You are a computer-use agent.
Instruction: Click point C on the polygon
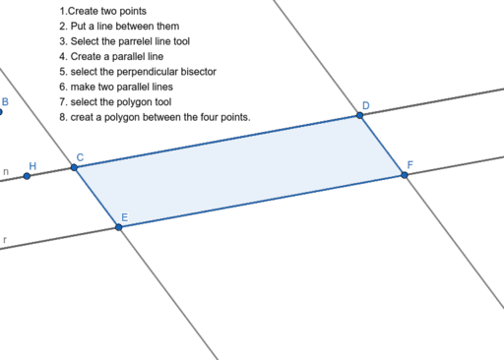(75, 167)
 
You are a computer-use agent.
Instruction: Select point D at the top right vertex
(360, 116)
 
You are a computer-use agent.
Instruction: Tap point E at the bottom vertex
(119, 227)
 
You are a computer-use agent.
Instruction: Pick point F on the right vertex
(405, 175)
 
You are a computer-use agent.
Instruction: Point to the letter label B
(5, 101)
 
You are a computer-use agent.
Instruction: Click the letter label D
(366, 105)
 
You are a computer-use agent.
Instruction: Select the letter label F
(410, 165)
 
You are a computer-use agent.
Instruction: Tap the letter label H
(32, 165)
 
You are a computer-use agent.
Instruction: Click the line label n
(6, 173)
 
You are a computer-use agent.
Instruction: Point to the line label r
(5, 238)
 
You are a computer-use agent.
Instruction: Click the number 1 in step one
(61, 11)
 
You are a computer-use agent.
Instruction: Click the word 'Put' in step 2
(80, 27)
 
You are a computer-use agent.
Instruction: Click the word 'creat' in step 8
(84, 117)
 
